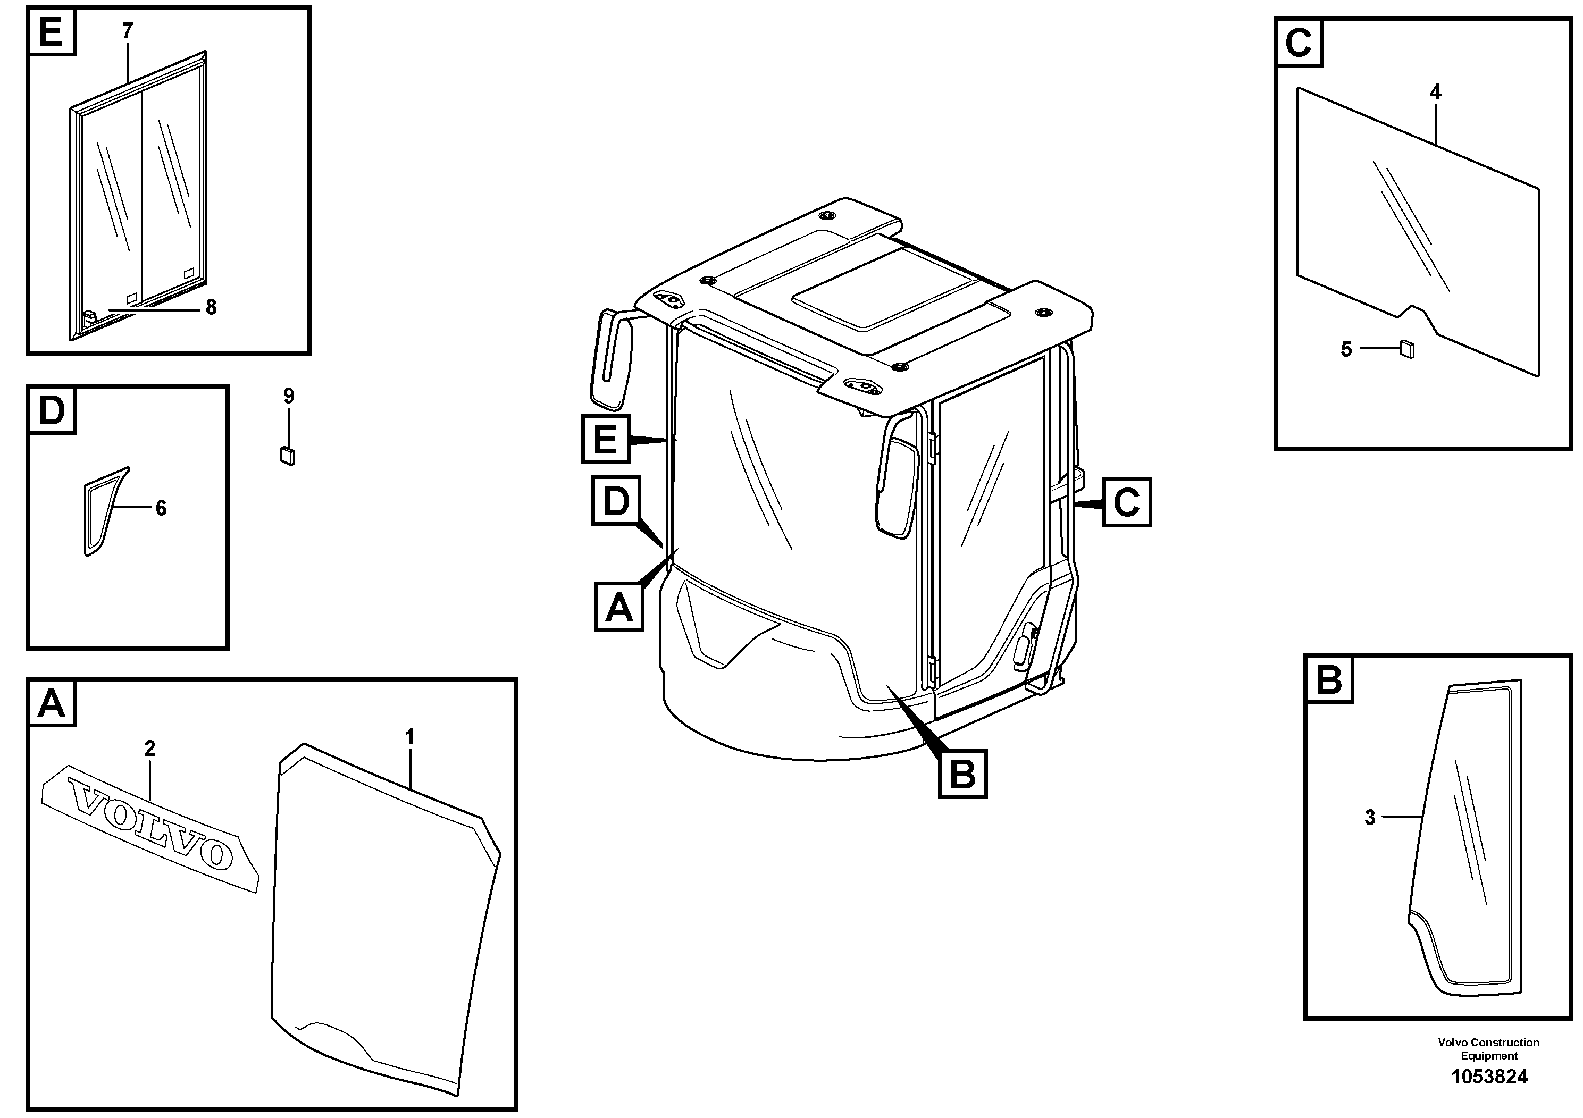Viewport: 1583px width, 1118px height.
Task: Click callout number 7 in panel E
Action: (128, 31)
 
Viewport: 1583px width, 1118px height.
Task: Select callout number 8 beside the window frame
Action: (211, 307)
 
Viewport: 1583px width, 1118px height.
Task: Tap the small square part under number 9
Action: (288, 456)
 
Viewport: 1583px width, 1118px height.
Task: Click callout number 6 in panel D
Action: (161, 508)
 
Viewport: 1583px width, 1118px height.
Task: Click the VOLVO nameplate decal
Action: (150, 828)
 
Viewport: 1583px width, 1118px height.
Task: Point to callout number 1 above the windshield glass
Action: (409, 737)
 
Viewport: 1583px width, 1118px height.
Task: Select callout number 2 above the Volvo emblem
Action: (149, 748)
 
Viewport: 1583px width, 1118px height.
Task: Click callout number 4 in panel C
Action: (1436, 91)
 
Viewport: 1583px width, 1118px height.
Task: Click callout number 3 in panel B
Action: (1370, 818)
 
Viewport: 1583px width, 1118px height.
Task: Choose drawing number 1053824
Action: (1489, 1077)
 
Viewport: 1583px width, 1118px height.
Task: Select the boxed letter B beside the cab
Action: (962, 775)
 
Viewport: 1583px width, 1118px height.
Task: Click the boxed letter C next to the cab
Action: (1127, 502)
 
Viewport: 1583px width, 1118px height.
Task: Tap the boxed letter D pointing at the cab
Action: (616, 501)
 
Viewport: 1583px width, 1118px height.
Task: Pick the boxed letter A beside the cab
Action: (618, 607)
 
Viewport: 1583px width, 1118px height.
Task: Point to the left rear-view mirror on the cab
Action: (611, 358)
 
